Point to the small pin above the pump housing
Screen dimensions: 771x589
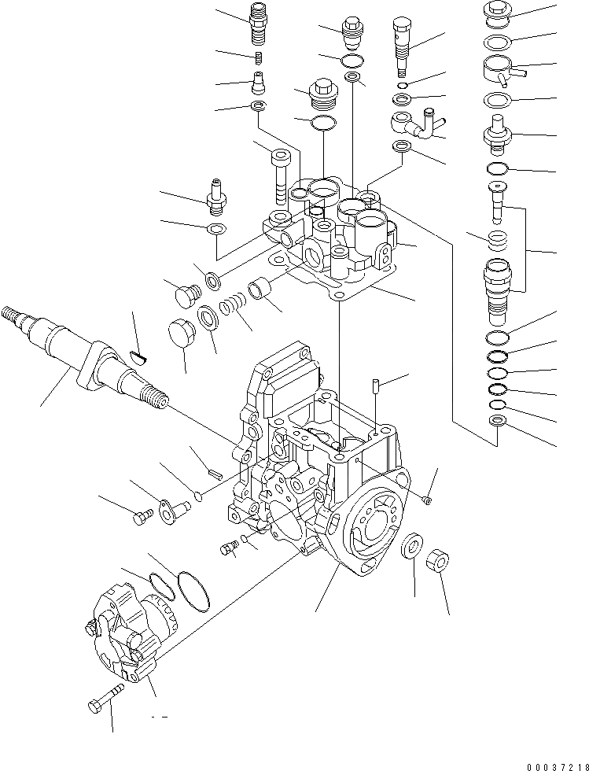pos(376,387)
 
